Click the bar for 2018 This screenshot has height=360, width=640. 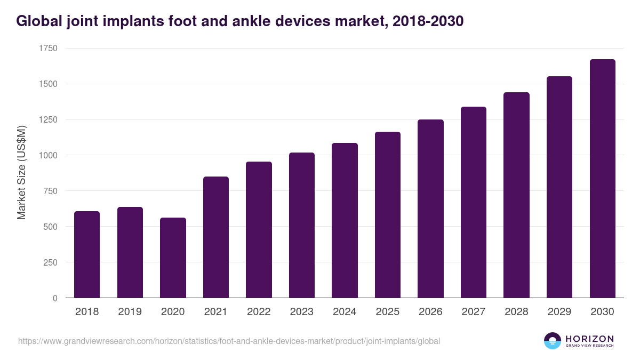[x=87, y=254]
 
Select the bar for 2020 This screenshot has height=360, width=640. [x=173, y=258]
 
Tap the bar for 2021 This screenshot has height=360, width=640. [x=216, y=237]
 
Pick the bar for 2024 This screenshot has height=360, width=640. [x=345, y=220]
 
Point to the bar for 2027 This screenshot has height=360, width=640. [x=474, y=202]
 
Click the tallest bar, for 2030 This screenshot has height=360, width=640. [x=602, y=179]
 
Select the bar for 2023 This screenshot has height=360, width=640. [x=302, y=225]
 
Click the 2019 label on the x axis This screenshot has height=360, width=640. [x=130, y=312]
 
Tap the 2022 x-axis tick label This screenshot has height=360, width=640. [x=259, y=312]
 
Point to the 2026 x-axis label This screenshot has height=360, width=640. [x=430, y=312]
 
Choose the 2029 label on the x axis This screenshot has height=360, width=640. [x=559, y=312]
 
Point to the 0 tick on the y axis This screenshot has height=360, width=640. [x=55, y=298]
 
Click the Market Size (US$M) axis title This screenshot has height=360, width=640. [x=21, y=173]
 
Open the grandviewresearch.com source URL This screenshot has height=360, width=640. [x=229, y=341]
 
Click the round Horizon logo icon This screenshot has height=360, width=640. [x=553, y=341]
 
